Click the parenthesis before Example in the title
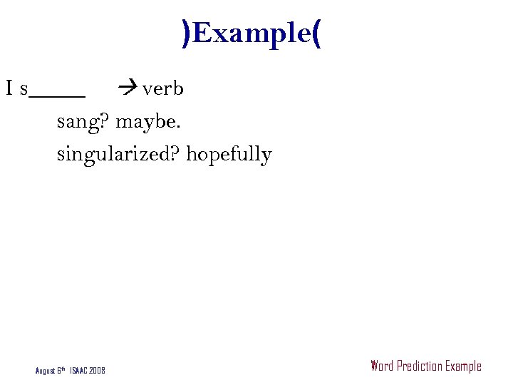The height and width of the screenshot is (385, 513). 187,34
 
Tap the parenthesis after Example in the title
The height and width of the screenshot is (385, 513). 316,34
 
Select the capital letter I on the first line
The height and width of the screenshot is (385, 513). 9,88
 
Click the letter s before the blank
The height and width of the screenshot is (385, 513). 24,90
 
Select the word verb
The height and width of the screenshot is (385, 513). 163,89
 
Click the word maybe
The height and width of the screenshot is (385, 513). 147,122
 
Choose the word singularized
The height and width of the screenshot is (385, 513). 118,155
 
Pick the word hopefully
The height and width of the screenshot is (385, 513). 229,155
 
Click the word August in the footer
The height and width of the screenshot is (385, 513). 45,371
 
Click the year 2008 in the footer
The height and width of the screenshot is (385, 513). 98,371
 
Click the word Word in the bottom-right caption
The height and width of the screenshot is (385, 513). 382,366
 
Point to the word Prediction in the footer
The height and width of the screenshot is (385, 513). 419,366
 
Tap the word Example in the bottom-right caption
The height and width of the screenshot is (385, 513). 463,366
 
